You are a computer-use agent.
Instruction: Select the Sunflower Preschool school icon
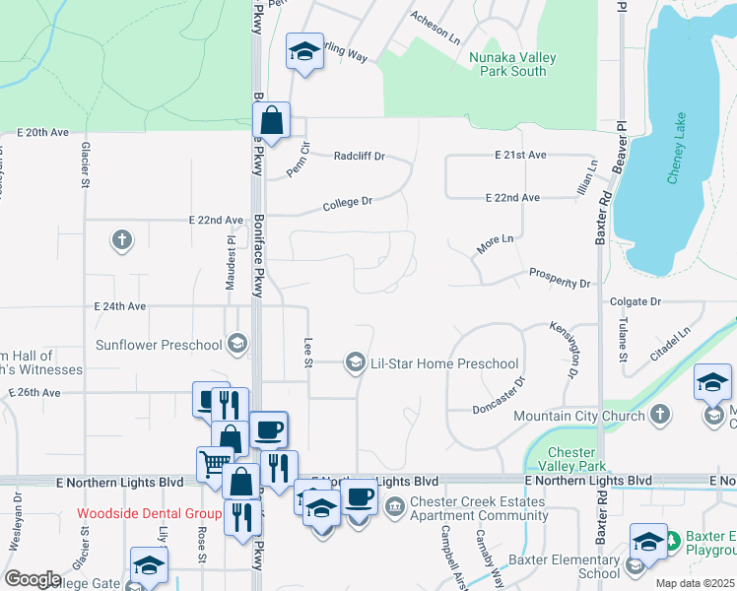[236, 344]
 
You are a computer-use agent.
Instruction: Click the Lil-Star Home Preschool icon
[355, 363]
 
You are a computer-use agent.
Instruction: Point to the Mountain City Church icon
[661, 416]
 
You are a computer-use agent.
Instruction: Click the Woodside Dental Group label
[150, 514]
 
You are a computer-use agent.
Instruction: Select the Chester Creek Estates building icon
[394, 508]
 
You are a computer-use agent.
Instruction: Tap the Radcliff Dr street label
[359, 156]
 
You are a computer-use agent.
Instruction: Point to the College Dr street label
[349, 204]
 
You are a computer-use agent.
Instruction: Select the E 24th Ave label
[119, 306]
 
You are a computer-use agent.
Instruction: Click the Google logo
[33, 578]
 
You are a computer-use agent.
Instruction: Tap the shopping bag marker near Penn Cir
[271, 122]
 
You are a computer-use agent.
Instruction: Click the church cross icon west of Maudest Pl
[122, 239]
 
